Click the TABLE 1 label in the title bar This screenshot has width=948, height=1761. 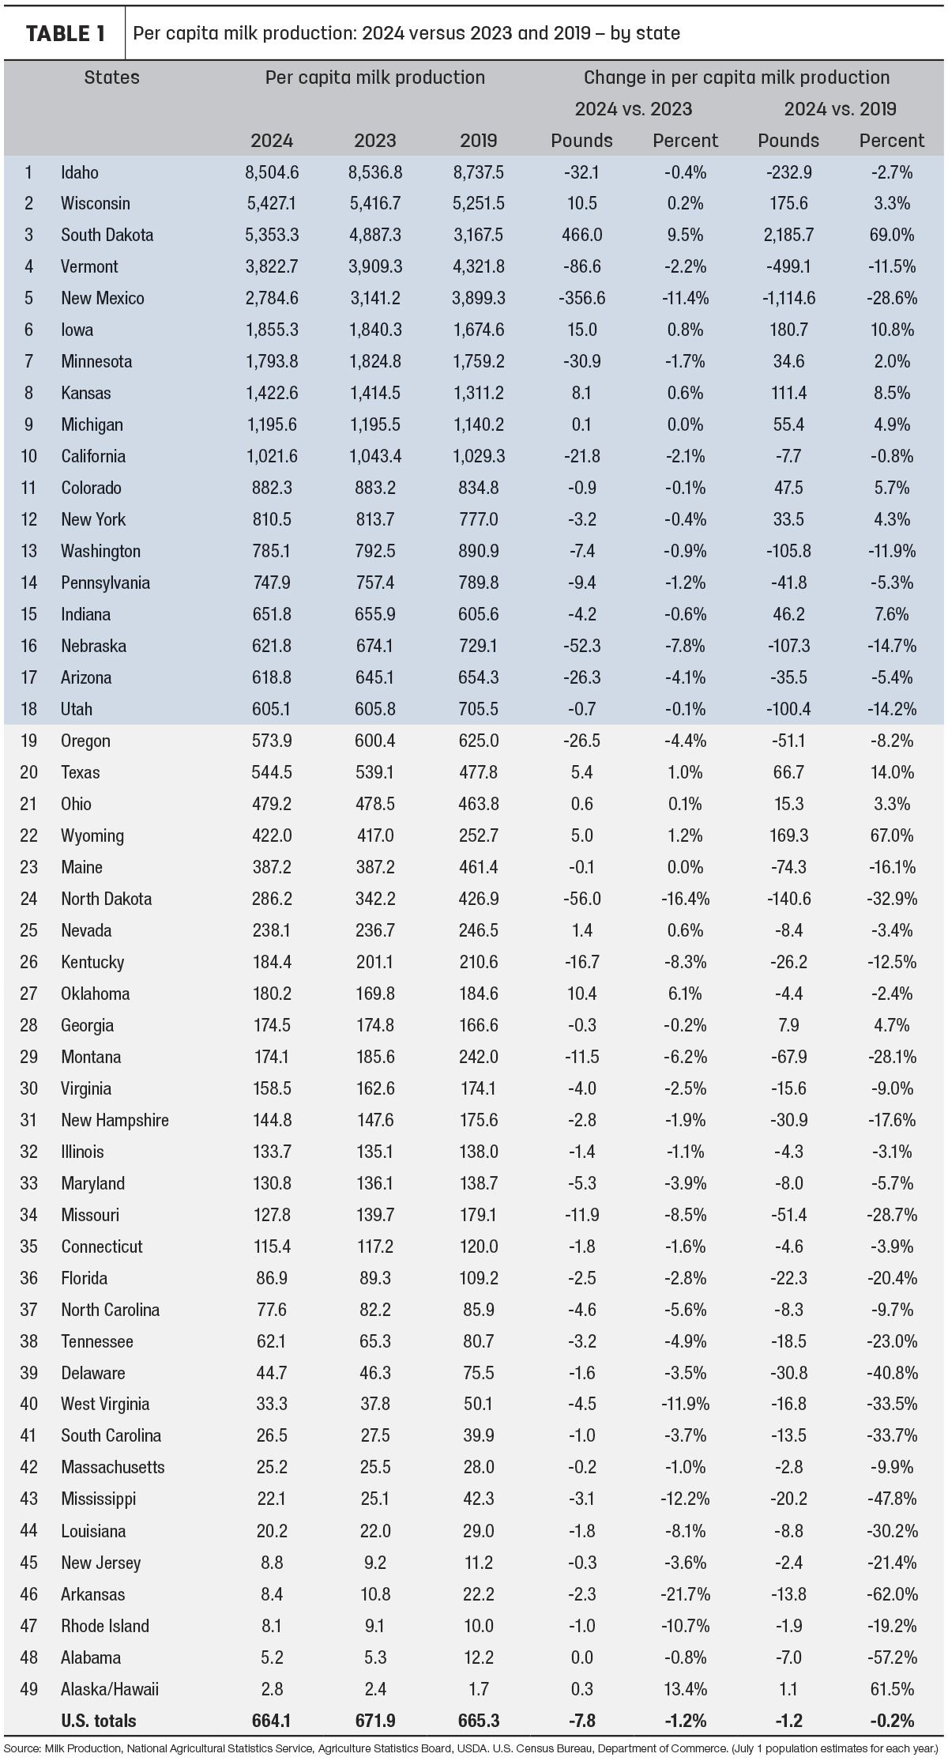pos(66,33)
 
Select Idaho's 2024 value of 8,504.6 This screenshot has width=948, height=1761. pos(272,172)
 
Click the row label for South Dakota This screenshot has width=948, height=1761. pos(107,235)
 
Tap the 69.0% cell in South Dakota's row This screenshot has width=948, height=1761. pos(892,235)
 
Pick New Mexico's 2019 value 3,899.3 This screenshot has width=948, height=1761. pos(479,298)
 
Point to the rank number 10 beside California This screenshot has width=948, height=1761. pos(28,456)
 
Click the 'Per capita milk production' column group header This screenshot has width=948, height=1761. pos(375,77)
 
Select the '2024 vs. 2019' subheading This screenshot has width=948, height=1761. pos(840,109)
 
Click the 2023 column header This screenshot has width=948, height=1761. pos(375,141)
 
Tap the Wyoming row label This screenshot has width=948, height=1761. pos(92,835)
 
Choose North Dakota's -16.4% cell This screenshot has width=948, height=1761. pos(685,899)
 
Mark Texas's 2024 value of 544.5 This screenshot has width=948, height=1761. pos(272,772)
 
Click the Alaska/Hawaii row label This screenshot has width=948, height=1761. pos(110,1689)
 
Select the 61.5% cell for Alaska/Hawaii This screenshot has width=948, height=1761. pos(892,1689)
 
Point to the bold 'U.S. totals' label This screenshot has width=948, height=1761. pos(99,1721)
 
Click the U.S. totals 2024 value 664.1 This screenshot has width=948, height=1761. pos(272,1721)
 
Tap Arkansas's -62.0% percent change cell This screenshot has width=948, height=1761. pos(891,1594)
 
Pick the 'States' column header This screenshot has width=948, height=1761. pos(112,77)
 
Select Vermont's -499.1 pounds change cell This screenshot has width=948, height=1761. pos(788,266)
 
